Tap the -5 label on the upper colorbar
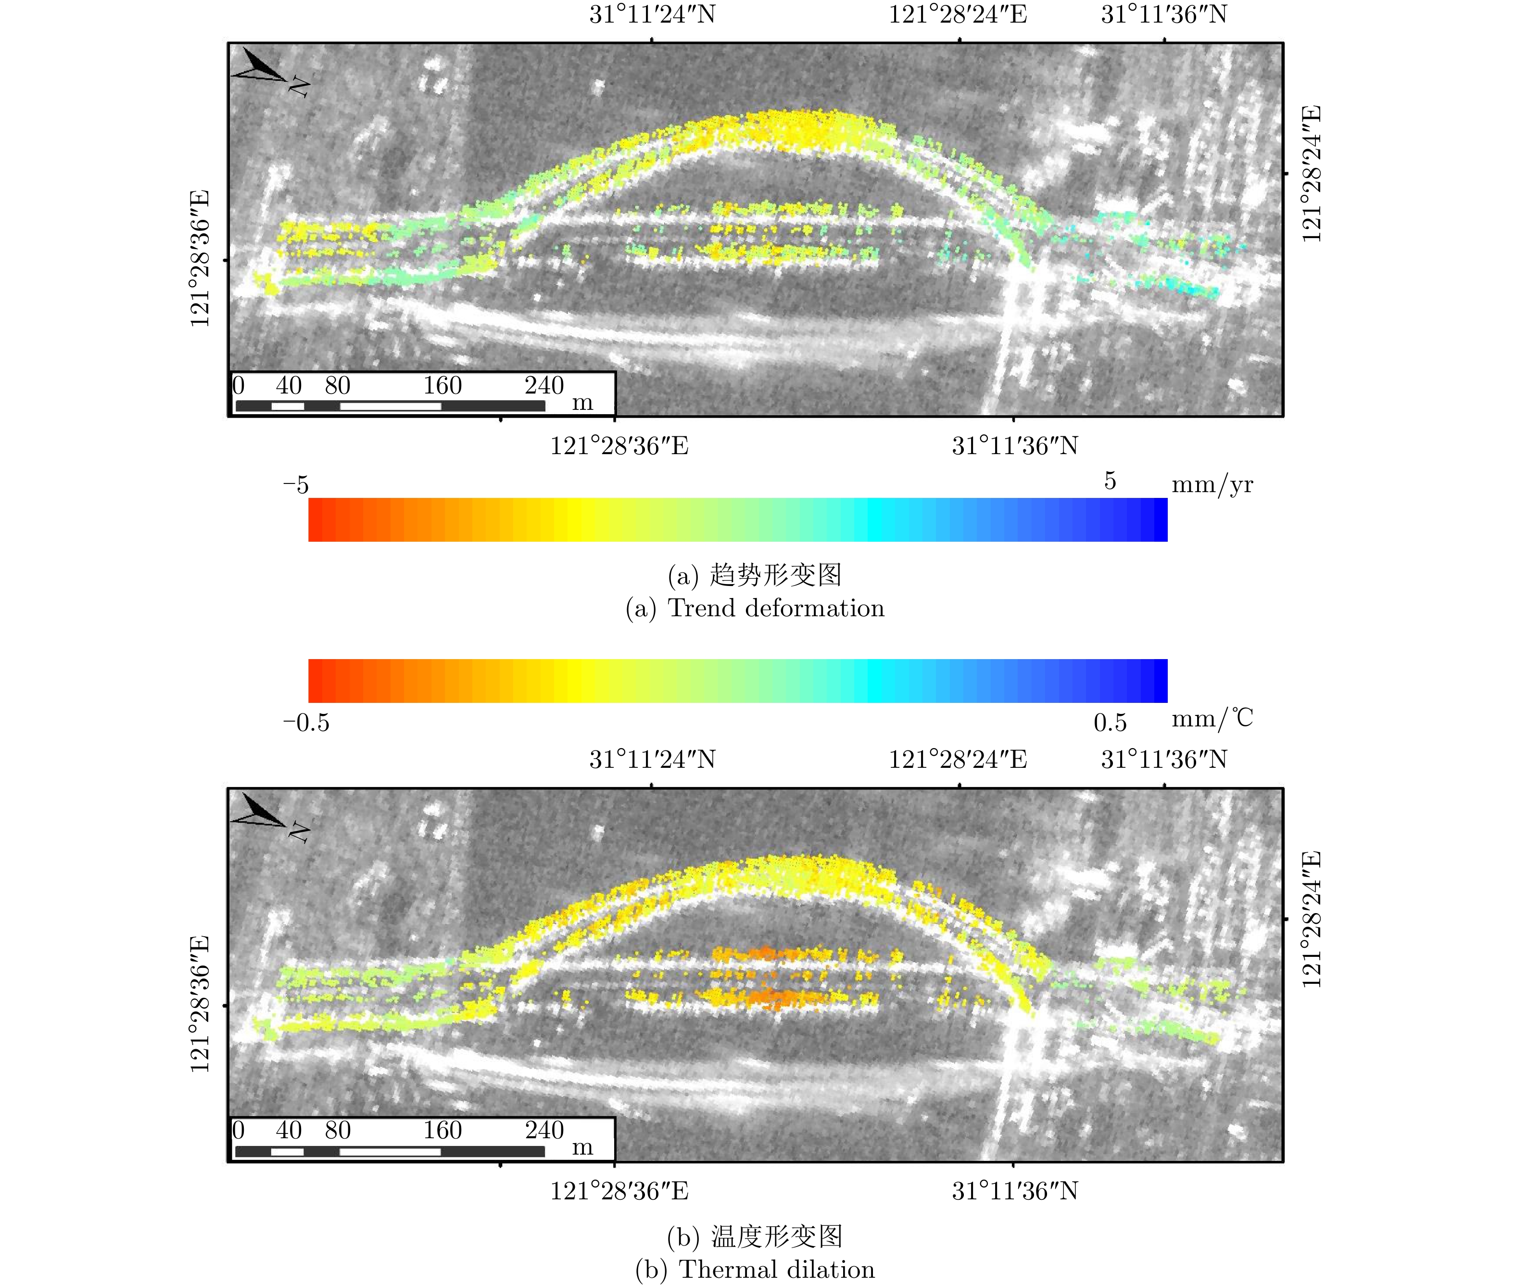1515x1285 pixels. point(296,484)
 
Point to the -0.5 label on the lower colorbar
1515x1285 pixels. point(306,723)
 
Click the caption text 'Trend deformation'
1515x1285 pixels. point(776,608)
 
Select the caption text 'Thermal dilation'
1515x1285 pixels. point(776,1270)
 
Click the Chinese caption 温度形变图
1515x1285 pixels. point(776,1237)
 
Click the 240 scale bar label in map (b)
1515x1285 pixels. point(544,1130)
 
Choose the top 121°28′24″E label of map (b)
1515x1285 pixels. point(957,760)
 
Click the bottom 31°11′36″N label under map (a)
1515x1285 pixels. point(1015,446)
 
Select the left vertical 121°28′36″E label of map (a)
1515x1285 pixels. point(200,259)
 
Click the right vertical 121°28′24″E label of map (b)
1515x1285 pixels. point(1311,919)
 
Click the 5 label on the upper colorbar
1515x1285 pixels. point(1109,481)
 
